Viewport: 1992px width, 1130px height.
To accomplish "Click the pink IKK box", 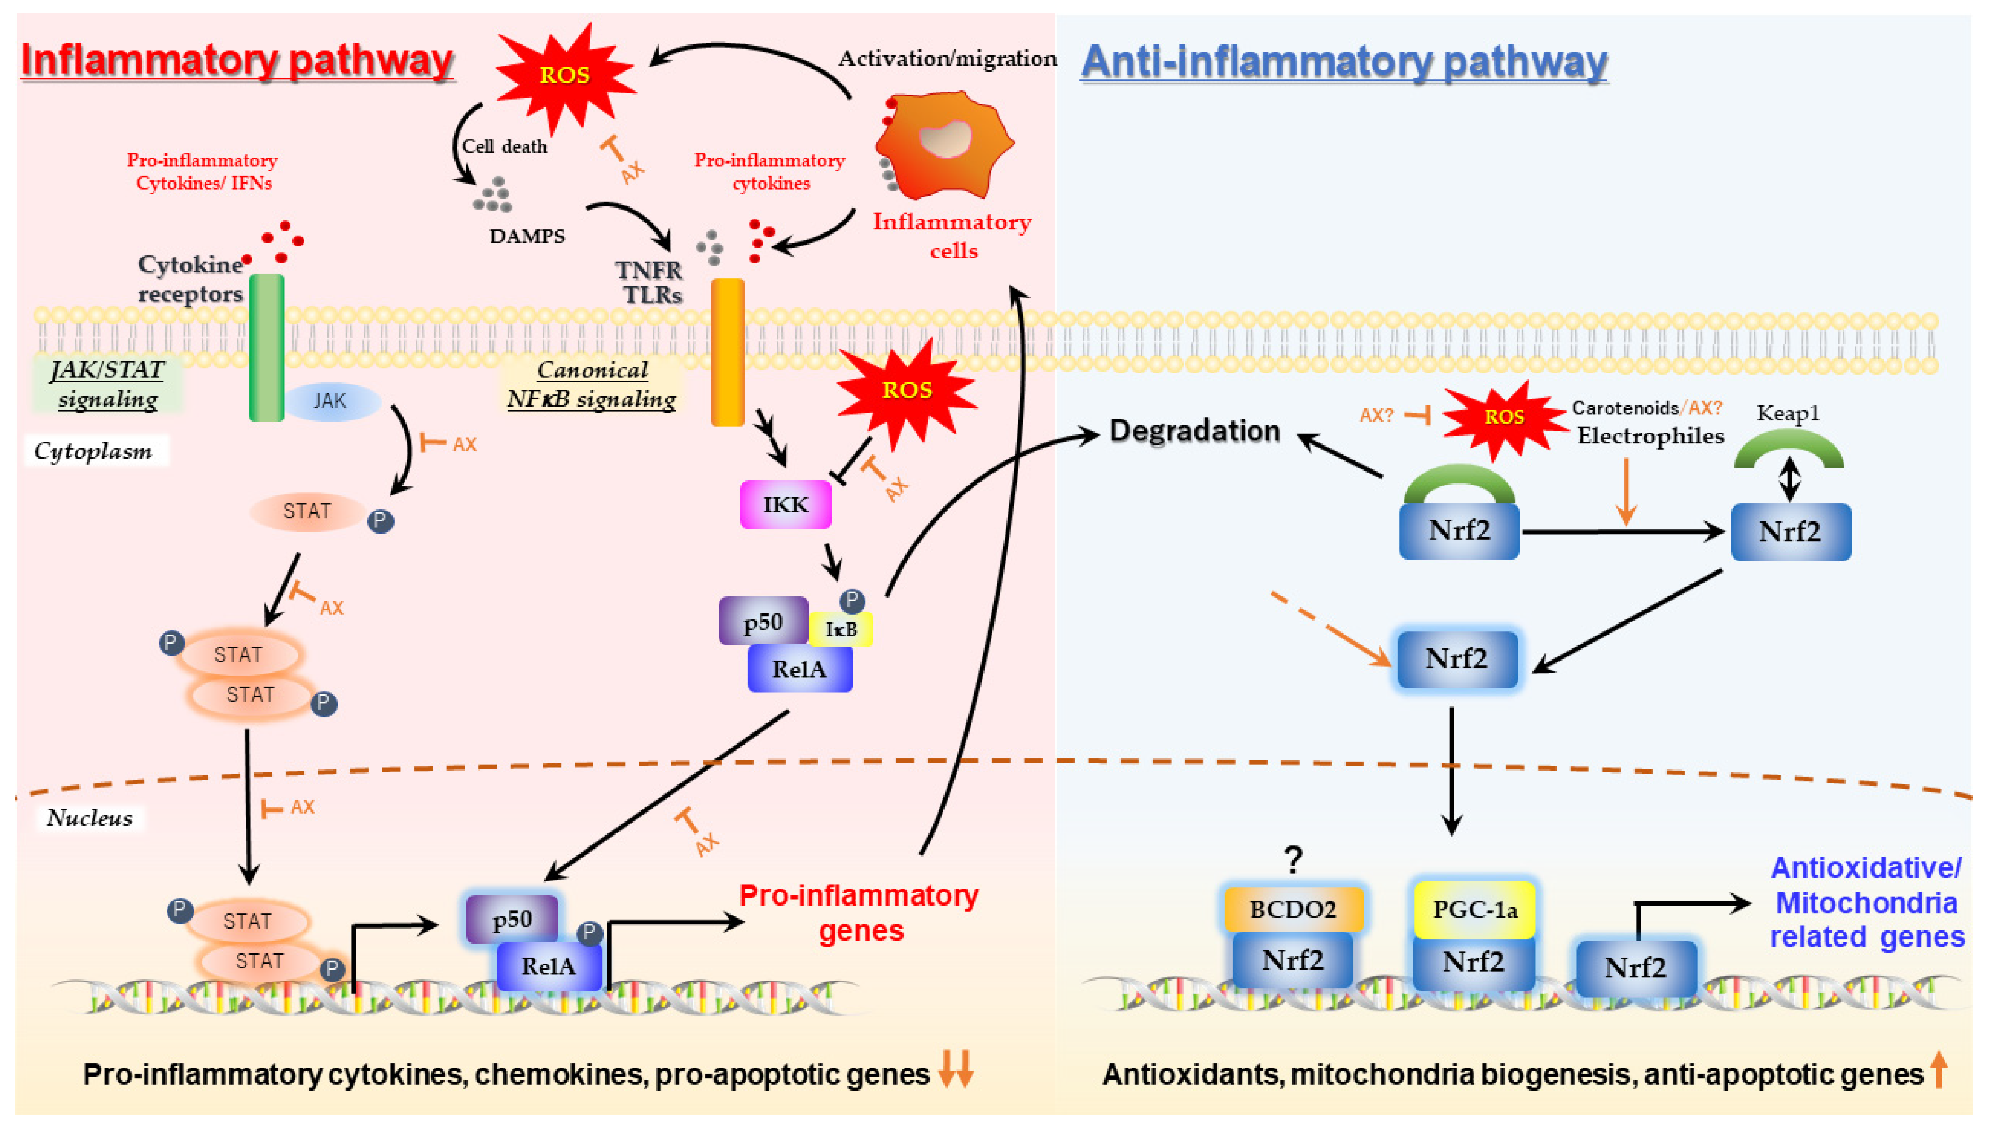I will [785, 504].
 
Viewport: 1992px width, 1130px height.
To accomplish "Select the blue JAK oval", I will [332, 401].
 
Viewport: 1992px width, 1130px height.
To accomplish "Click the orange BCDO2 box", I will [1293, 909].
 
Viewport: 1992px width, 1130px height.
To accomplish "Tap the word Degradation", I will [1194, 431].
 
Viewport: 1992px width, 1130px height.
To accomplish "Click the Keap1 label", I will [1787, 413].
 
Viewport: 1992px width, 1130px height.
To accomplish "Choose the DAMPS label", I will [527, 236].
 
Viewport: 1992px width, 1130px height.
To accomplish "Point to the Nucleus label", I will [89, 817].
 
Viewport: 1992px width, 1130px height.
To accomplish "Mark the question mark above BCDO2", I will [1293, 859].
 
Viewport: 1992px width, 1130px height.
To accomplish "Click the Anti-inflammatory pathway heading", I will [1343, 62].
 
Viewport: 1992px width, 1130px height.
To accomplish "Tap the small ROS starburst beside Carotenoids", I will [1503, 417].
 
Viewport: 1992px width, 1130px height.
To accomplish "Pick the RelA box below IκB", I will [799, 668].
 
